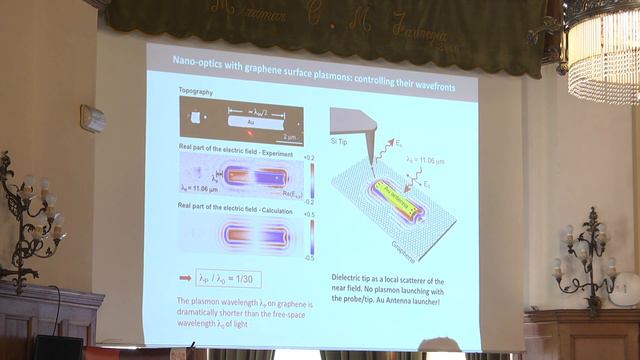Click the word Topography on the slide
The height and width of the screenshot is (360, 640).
pyautogui.click(x=196, y=88)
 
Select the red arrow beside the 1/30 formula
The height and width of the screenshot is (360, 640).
pyautogui.click(x=185, y=280)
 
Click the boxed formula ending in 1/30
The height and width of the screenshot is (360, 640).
pyautogui.click(x=229, y=280)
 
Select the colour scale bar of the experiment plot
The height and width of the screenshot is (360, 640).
pyautogui.click(x=311, y=180)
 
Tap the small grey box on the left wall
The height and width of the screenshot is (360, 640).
pyautogui.click(x=93, y=118)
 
